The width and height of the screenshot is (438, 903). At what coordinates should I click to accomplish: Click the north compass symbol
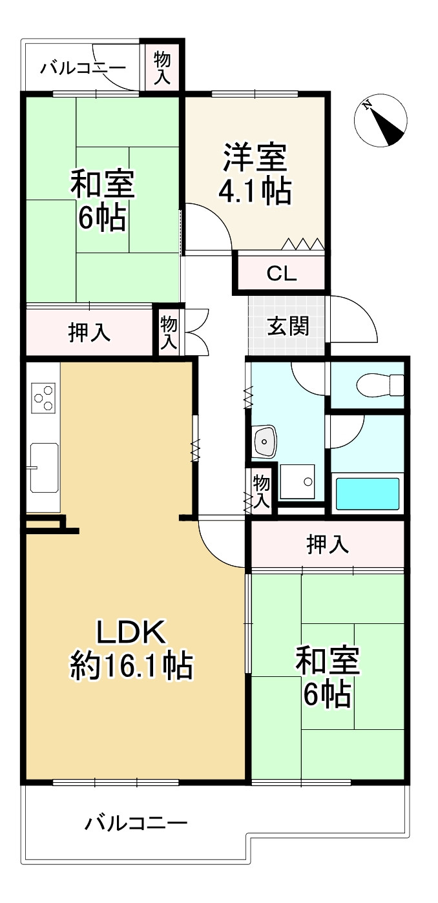click(x=381, y=120)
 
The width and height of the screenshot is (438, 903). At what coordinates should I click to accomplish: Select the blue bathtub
click(x=367, y=493)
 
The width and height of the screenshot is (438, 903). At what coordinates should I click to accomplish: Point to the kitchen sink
click(x=43, y=467)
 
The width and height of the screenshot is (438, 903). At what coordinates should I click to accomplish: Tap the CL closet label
click(x=282, y=274)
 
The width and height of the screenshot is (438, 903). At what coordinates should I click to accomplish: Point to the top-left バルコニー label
click(x=83, y=67)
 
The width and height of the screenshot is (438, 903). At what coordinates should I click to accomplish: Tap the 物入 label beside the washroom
click(x=261, y=490)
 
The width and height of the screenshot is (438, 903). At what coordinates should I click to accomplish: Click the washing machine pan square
click(x=297, y=481)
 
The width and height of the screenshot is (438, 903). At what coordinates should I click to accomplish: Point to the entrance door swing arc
click(x=355, y=320)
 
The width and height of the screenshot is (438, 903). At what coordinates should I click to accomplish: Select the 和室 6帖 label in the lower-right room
click(x=327, y=678)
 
